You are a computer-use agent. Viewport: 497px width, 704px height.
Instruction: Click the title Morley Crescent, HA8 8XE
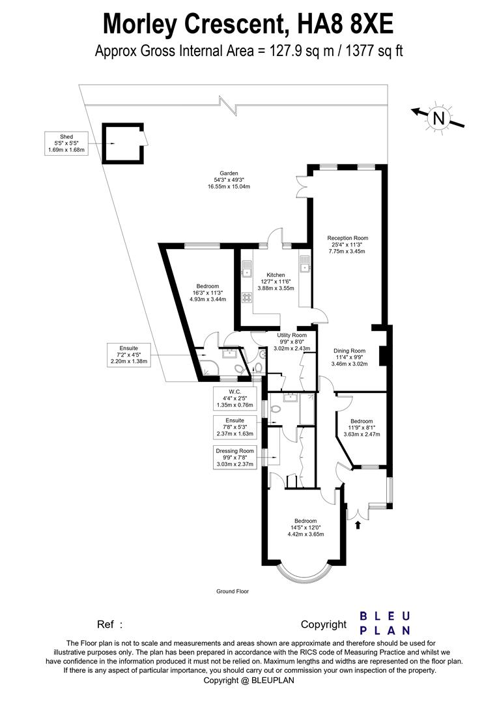coord(248,24)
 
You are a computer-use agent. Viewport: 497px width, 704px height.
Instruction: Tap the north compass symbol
coord(438,118)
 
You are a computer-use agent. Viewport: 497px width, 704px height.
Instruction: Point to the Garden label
coord(224,180)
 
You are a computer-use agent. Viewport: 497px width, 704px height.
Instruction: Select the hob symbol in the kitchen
coord(248,297)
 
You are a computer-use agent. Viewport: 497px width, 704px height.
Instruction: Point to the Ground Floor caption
coord(233,592)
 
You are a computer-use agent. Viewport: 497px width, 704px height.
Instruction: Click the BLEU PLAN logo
coord(385,623)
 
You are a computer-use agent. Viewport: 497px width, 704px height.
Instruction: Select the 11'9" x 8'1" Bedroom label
coord(361,428)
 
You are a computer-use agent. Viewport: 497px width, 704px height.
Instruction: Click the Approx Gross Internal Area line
coord(248,50)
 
